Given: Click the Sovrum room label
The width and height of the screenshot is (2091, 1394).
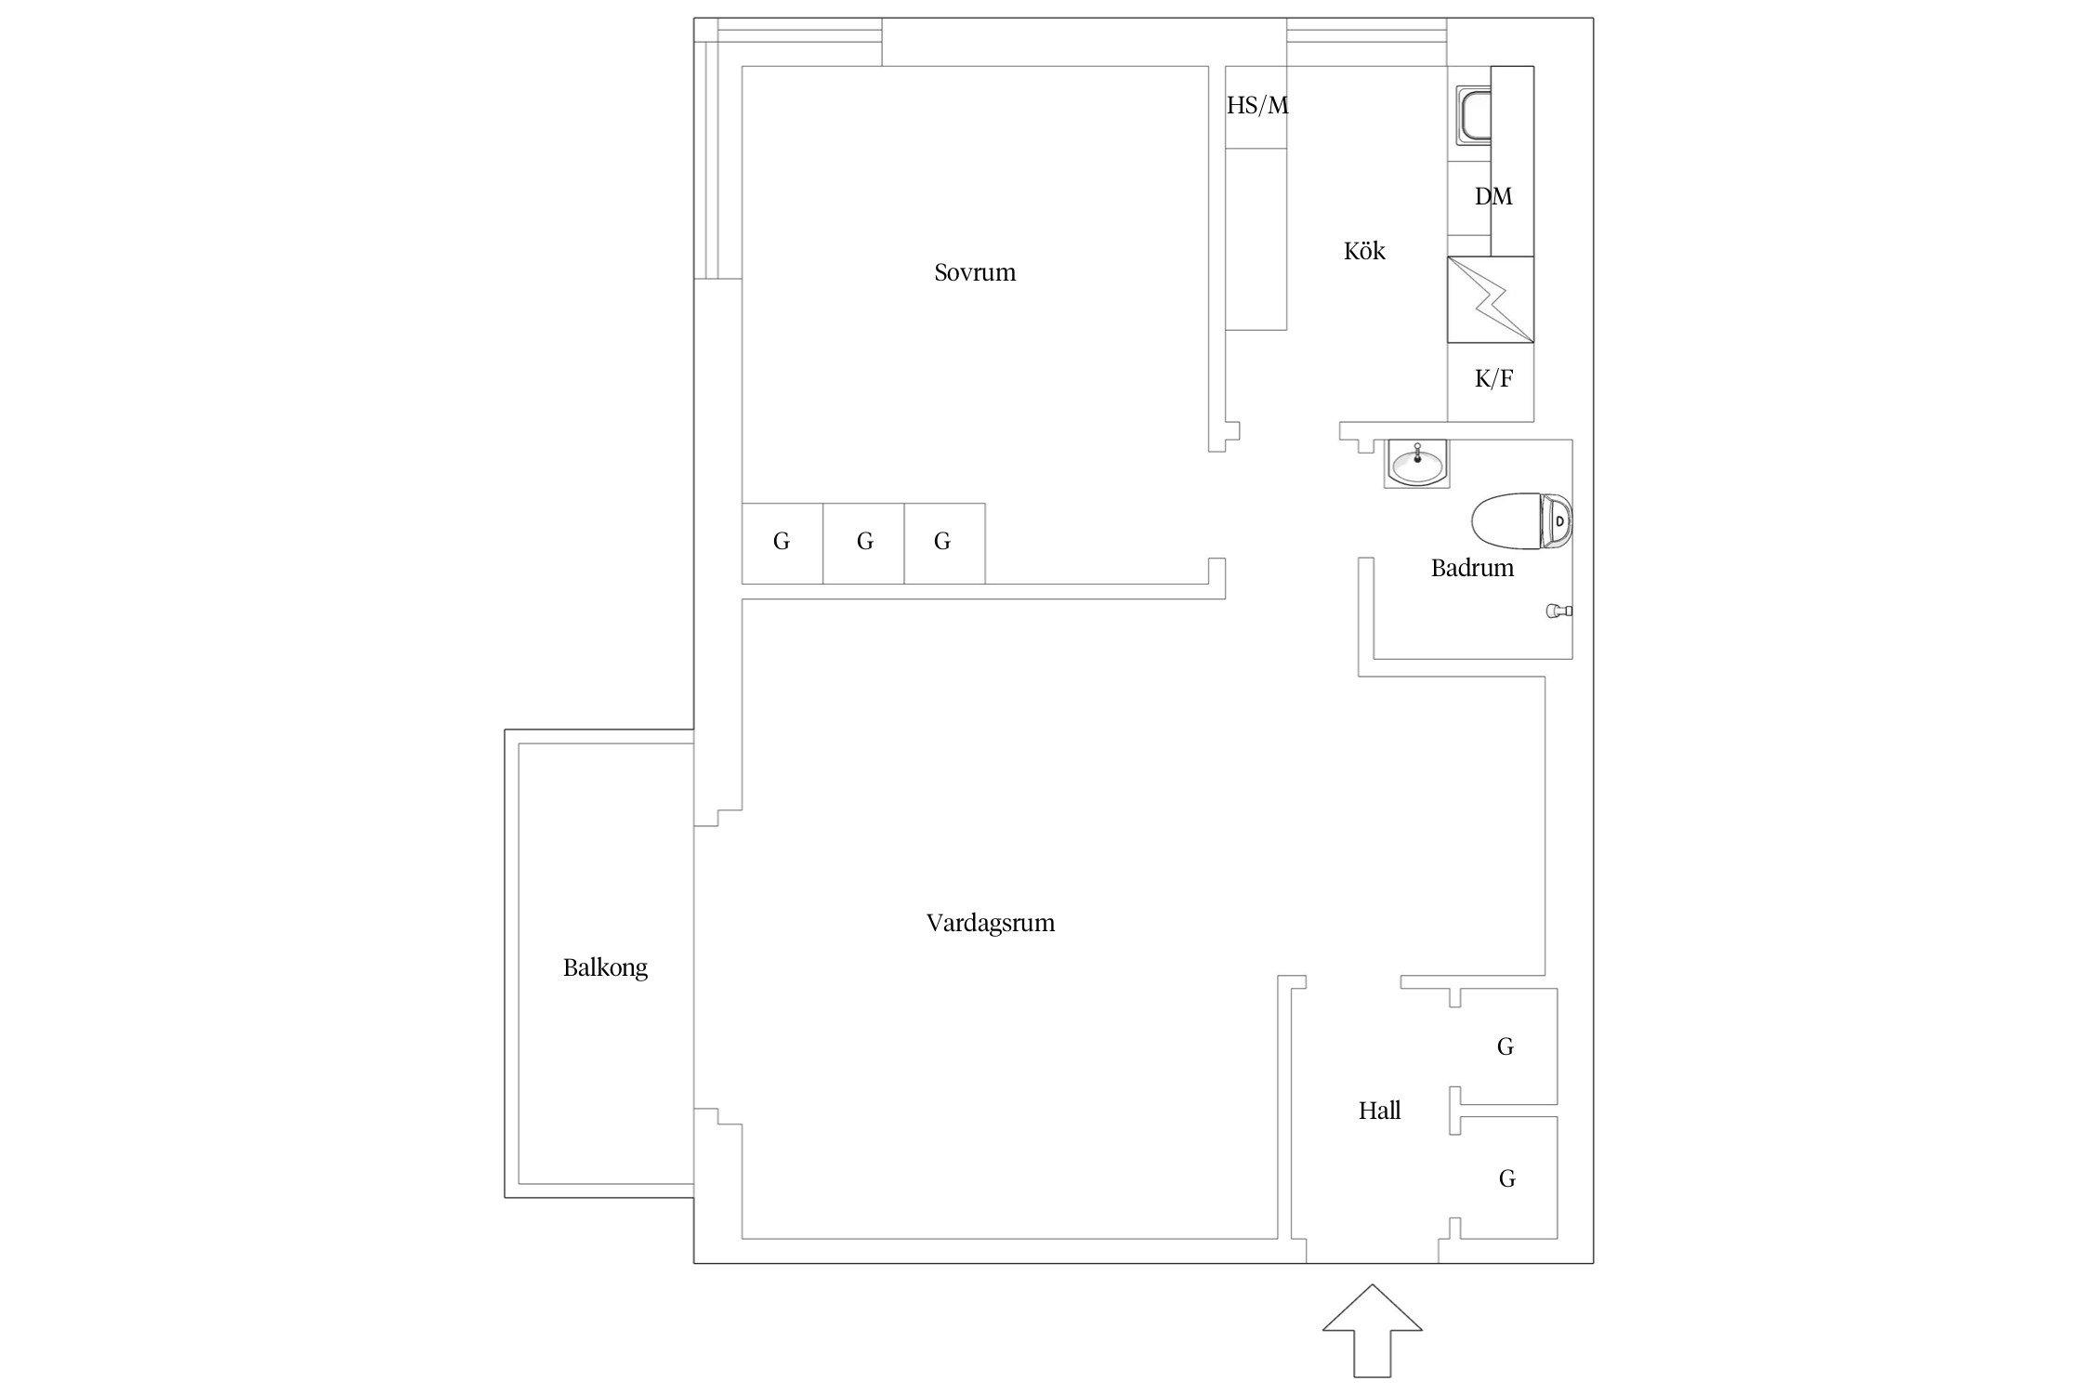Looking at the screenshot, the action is point(975,272).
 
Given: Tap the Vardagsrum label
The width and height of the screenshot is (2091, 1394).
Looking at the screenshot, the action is point(991,923).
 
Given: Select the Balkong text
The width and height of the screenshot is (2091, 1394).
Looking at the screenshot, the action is point(605,968).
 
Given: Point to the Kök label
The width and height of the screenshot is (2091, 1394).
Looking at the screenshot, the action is point(1364,251).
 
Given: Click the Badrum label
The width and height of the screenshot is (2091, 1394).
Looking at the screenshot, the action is point(1472,568).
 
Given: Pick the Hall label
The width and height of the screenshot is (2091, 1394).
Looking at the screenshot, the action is point(1380,1111).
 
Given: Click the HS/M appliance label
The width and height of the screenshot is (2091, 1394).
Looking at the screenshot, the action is point(1257,105).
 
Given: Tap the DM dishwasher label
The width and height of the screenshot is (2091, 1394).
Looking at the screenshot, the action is point(1493,196).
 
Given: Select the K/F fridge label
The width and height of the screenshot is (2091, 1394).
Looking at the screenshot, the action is point(1493,378).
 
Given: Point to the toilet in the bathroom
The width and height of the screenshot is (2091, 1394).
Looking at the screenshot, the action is point(1522,521).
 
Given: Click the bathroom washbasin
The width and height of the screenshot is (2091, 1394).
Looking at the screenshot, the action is point(1415,464).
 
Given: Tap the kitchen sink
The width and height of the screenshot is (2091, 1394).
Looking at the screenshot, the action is point(1474,116).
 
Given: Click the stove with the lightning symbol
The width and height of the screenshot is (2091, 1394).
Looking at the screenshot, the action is point(1491,299).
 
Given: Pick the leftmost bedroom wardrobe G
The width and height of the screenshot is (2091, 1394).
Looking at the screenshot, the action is point(782,543).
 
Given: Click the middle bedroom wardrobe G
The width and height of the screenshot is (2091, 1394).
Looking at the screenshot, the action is point(863,543).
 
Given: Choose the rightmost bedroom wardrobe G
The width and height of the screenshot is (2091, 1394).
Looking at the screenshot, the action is point(944,543).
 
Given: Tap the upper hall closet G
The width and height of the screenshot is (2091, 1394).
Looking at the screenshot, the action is point(1506,1046).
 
